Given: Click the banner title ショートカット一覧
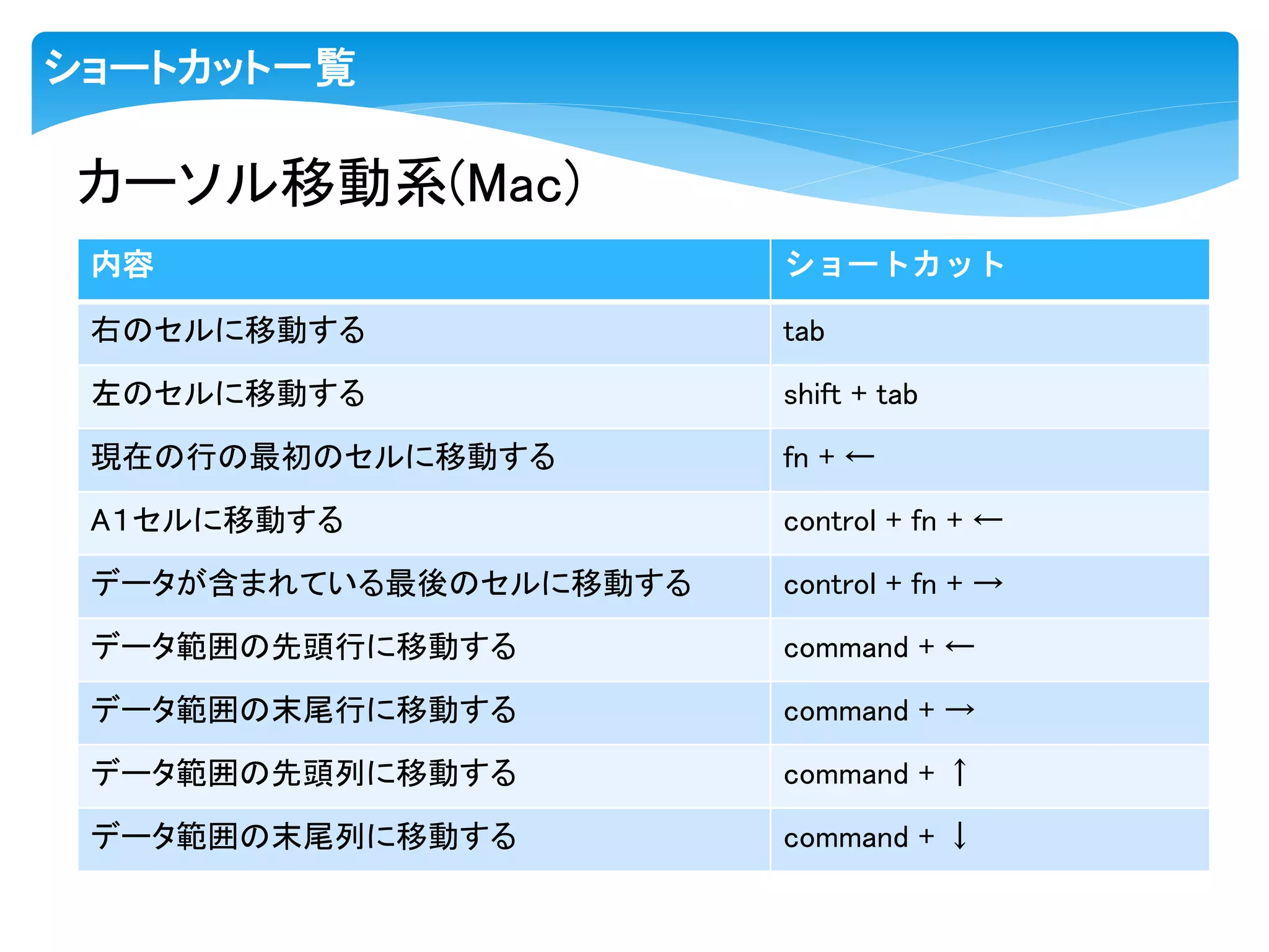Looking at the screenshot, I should [x=200, y=68].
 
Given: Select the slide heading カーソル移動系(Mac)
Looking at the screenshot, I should [x=328, y=182].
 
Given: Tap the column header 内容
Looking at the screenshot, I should [x=122, y=265].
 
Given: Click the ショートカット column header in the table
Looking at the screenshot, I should [x=895, y=265].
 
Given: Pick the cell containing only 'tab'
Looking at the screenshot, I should [x=804, y=332].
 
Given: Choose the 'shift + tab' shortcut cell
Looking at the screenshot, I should [x=850, y=395].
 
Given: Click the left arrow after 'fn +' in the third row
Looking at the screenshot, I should [x=860, y=457].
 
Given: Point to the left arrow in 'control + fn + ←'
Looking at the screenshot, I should [x=988, y=520].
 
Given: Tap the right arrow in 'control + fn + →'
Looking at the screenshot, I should [x=988, y=583].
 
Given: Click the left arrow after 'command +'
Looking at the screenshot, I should [x=960, y=648].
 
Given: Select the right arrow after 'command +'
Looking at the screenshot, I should [x=960, y=710].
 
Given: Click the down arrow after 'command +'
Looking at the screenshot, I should [x=960, y=836].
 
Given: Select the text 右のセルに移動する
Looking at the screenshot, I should [x=228, y=330].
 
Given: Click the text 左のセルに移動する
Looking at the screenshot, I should [x=228, y=394].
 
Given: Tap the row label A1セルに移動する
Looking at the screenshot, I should [x=217, y=520].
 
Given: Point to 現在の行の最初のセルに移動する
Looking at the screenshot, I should [x=323, y=457].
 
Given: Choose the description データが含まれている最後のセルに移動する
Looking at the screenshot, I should [x=391, y=583].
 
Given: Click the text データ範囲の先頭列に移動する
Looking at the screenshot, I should [x=304, y=773].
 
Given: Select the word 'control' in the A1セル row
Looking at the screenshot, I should [x=829, y=521].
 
